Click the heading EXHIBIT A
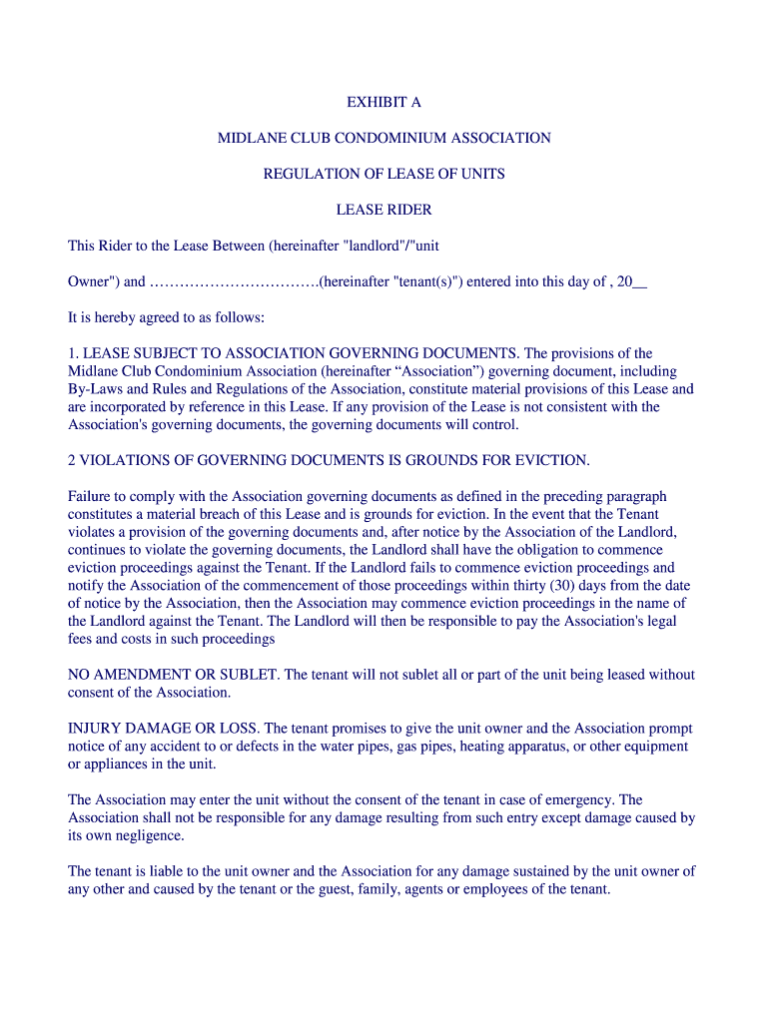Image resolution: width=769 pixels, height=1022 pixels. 384,102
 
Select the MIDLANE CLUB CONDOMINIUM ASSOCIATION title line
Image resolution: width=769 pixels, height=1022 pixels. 384,138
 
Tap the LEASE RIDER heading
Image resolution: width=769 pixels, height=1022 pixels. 384,210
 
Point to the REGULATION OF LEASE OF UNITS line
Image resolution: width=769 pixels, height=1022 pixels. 384,174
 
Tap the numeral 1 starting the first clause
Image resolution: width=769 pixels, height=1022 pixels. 71,353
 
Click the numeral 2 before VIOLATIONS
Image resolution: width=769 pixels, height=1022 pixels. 71,460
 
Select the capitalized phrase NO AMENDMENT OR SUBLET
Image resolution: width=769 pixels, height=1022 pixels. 174,675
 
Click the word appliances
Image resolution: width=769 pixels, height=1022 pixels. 117,765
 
